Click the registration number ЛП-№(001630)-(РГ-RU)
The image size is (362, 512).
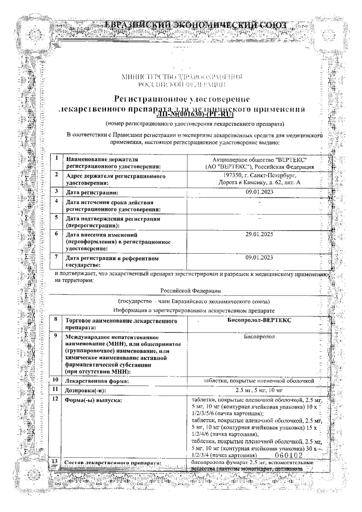[x=195, y=114]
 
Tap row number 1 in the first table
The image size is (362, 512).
[x=57, y=158]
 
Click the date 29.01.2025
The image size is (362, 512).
[x=259, y=234]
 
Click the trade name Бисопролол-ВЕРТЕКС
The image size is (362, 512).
[x=259, y=320]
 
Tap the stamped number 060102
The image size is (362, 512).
[x=289, y=455]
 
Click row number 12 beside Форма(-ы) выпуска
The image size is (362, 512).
[x=55, y=399]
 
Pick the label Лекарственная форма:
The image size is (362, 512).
[x=97, y=381]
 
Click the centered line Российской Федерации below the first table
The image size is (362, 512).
[x=190, y=291]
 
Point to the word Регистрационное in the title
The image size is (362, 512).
[x=148, y=99]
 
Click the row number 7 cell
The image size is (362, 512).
[x=56, y=257]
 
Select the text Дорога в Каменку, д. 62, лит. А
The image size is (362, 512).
[x=259, y=183]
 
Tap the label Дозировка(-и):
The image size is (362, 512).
[x=85, y=391]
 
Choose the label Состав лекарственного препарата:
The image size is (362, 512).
[x=113, y=463]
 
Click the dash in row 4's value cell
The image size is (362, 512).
[x=260, y=202]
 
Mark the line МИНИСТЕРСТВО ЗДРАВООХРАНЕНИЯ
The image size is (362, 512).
[x=182, y=77]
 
